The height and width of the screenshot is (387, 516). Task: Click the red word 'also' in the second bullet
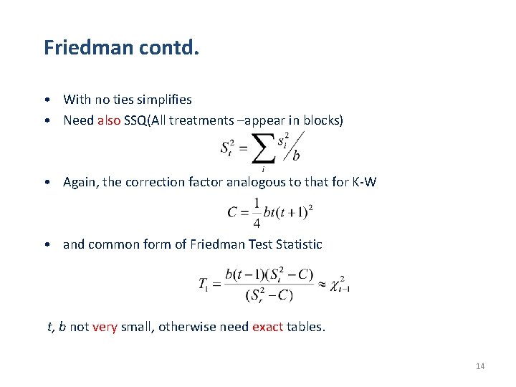pos(109,120)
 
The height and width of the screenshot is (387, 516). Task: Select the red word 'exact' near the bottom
pos(267,328)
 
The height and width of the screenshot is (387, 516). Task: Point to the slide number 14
pos(480,367)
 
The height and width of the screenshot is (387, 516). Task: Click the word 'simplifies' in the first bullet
pos(165,100)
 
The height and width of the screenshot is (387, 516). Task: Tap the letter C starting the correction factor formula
pos(232,213)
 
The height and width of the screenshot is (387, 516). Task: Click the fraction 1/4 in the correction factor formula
pos(256,213)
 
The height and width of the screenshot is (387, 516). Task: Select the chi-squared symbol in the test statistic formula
pos(338,283)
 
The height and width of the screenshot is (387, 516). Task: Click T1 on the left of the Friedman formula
pos(206,284)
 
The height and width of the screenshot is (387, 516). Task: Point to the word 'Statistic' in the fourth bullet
pos(297,244)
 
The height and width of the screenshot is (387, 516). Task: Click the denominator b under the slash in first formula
pos(296,156)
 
